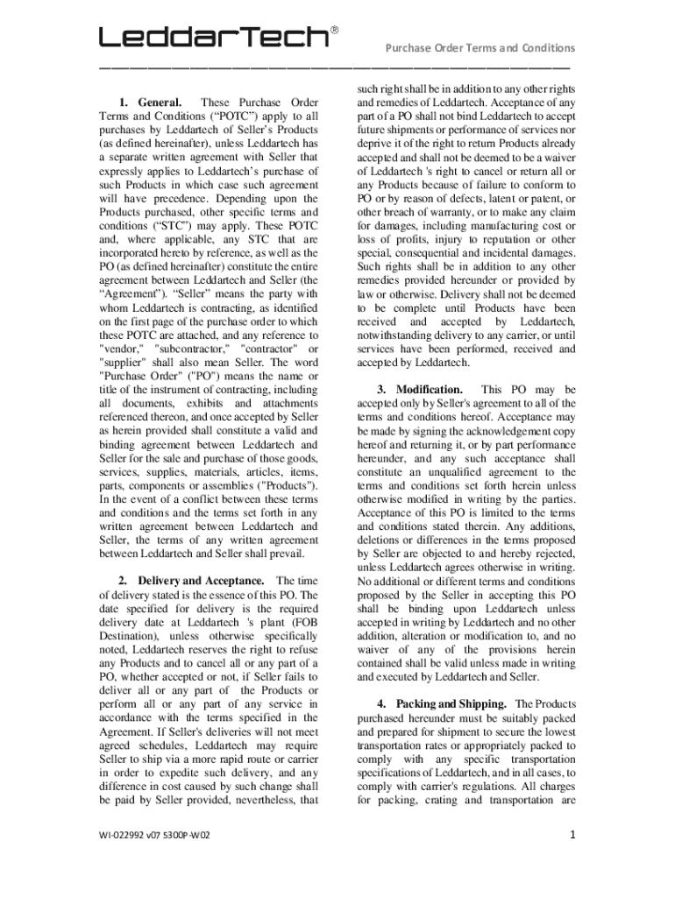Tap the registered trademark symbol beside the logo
pos(334,30)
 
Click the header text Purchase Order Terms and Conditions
pos(481,48)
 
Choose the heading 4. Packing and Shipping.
pos(451,703)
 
